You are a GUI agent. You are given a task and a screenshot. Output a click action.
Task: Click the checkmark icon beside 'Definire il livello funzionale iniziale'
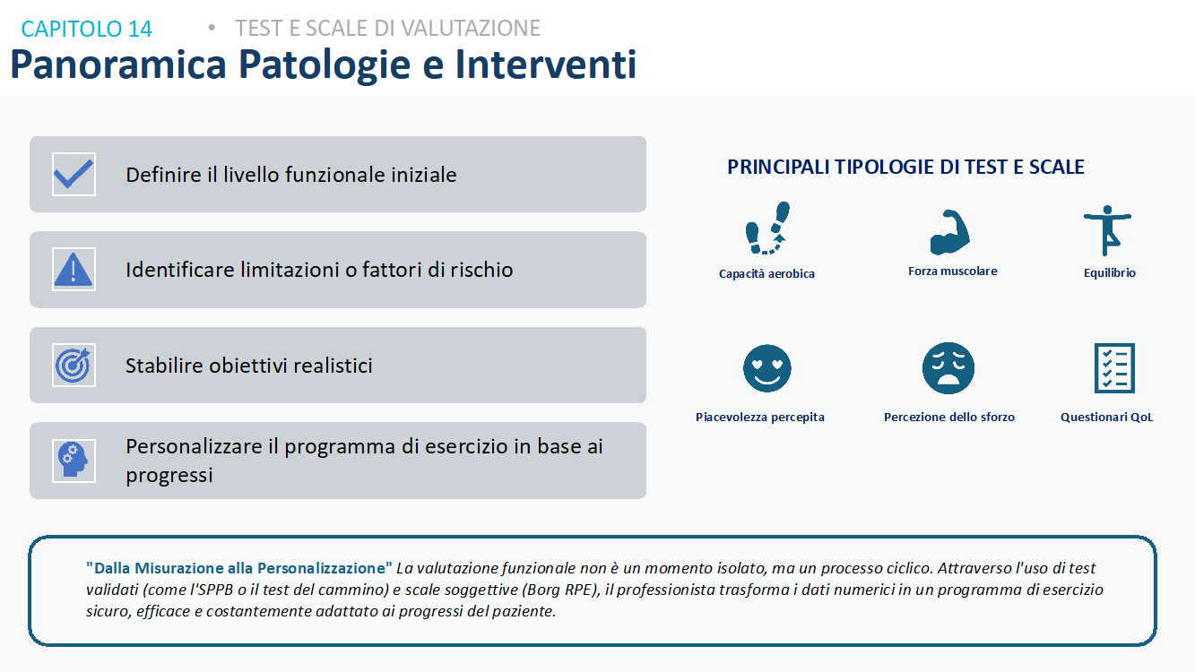click(x=74, y=175)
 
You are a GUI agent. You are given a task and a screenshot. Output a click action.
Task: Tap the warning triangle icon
click(x=74, y=270)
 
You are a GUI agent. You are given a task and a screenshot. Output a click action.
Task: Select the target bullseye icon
click(x=74, y=366)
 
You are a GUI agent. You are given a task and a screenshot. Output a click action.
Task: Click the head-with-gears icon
click(x=74, y=460)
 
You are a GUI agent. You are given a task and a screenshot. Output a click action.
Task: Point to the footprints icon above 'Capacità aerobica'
click(x=767, y=228)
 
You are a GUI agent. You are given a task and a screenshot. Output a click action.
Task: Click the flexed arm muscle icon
click(x=949, y=232)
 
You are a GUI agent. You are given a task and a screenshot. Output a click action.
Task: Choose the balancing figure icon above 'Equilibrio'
click(x=1107, y=230)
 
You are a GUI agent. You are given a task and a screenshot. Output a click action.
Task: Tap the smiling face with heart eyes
click(x=767, y=368)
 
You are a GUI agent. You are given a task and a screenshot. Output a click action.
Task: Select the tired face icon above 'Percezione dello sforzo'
click(x=948, y=368)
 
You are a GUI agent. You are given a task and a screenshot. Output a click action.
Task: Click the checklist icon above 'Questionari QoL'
click(x=1114, y=368)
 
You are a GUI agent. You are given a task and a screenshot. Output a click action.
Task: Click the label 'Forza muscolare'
click(x=953, y=271)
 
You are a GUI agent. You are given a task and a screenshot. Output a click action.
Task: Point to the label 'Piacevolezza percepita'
click(x=760, y=417)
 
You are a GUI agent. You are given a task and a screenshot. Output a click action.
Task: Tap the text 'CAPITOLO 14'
click(x=86, y=29)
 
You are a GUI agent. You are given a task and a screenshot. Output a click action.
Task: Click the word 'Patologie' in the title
click(x=325, y=65)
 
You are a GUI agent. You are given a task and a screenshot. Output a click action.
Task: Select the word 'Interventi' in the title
click(x=546, y=64)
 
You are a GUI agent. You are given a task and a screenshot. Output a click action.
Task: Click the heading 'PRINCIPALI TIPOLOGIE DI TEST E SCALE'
click(x=905, y=167)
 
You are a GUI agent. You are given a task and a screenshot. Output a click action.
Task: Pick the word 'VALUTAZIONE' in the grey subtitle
click(x=471, y=29)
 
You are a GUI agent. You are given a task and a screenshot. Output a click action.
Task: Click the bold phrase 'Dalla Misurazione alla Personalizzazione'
click(x=239, y=568)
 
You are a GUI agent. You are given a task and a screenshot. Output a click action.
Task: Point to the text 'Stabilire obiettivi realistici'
click(x=249, y=366)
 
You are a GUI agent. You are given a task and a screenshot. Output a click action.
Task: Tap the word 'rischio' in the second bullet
click(x=481, y=270)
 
